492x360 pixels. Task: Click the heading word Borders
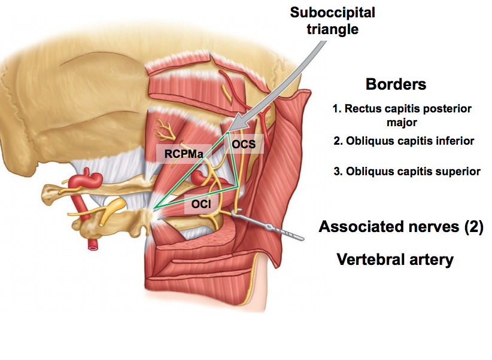(396, 84)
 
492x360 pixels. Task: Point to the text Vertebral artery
(395, 260)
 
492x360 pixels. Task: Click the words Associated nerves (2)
(400, 227)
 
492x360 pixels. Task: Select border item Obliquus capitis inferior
(404, 141)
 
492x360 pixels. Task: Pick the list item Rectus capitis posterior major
(402, 109)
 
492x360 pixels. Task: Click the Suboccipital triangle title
(333, 19)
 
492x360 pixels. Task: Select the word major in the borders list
(400, 122)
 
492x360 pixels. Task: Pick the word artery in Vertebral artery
(431, 260)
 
